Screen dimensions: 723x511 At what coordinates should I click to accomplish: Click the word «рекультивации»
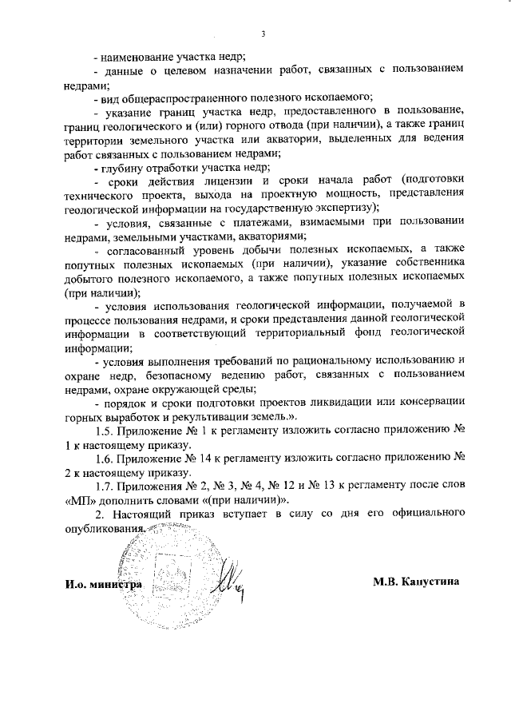[252, 417]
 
